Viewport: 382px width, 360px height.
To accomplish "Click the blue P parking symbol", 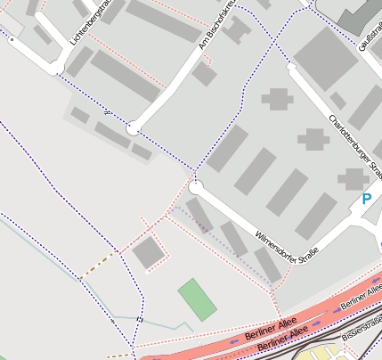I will (366, 200).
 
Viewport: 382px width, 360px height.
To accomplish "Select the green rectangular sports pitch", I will (197, 299).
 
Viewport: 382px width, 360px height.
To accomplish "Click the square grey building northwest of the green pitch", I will (148, 253).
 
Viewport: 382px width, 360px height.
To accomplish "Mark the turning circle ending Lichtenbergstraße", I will (56, 68).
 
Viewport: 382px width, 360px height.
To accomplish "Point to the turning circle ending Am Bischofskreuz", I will (133, 129).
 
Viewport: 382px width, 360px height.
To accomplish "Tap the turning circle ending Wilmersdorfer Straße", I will (196, 186).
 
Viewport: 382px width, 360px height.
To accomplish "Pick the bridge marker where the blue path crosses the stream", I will (140, 318).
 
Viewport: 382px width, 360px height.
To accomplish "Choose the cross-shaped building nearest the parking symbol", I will (352, 178).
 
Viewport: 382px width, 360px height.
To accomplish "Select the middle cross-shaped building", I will (313, 138).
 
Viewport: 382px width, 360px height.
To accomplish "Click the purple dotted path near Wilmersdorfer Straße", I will (214, 228).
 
